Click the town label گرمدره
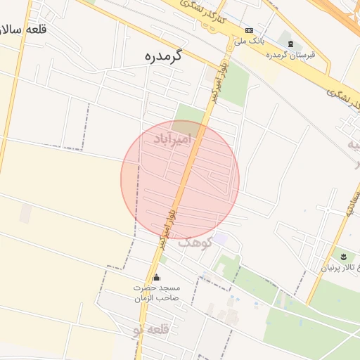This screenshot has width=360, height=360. (162, 56)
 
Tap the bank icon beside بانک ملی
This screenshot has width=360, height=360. (249, 30)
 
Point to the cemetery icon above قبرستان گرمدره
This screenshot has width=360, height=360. (291, 44)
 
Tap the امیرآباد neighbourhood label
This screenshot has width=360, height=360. (172, 139)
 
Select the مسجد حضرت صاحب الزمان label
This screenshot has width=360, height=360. (157, 293)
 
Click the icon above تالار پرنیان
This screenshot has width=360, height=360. (343, 256)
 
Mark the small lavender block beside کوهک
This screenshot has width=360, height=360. (221, 239)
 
